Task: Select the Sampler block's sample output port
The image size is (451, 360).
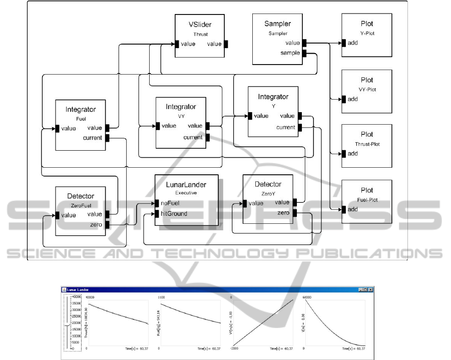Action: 304,53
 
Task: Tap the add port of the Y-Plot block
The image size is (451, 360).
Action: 344,43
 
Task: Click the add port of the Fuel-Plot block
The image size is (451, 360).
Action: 344,209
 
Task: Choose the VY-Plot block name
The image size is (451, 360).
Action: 366,90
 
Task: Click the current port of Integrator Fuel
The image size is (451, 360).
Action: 108,138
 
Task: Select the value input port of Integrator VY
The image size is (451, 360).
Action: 158,126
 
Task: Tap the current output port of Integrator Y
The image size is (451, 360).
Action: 300,127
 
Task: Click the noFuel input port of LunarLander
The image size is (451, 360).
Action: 157,203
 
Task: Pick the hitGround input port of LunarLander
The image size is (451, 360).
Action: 157,214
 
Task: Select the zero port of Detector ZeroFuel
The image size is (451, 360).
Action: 107,225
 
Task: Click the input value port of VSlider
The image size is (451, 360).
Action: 177,44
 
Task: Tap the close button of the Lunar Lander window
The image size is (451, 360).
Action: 371,289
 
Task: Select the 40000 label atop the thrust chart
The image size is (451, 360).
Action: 91,297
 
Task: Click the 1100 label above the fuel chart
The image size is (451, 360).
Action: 162,297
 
